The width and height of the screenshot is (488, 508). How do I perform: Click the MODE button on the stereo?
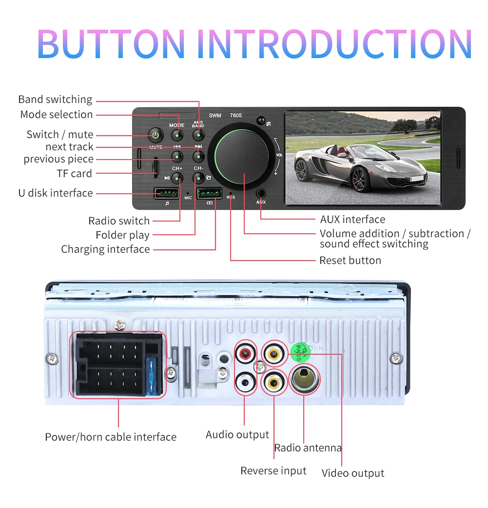tap(177, 135)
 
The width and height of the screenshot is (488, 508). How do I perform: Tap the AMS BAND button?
tap(198, 135)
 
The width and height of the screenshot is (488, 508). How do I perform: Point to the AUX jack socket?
tap(261, 193)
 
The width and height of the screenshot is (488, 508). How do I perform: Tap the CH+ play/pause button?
tap(177, 178)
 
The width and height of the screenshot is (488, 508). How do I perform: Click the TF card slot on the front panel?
tap(155, 166)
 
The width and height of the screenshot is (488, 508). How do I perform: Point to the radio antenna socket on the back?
tap(304, 377)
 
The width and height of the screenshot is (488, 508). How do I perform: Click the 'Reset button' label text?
tap(350, 261)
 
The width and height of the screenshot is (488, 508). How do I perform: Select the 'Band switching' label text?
tap(55, 100)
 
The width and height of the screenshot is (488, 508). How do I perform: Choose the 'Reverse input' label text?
tap(273, 471)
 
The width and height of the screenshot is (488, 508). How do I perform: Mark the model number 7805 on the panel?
tap(235, 116)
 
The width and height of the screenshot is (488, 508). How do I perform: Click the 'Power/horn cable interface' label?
tap(111, 437)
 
